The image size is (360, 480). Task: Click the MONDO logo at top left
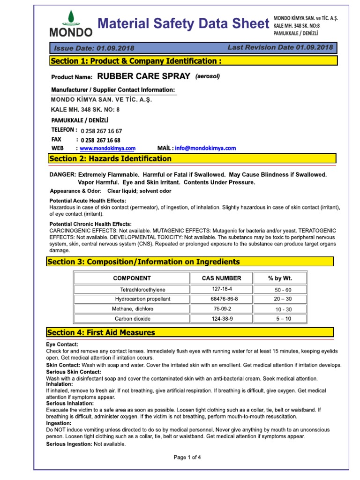pyautogui.click(x=71, y=24)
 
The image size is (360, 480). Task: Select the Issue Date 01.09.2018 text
pyautogui.click(x=94, y=48)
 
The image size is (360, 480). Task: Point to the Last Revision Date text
pyautogui.click(x=280, y=47)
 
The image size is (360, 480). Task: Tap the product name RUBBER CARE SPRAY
pyautogui.click(x=143, y=76)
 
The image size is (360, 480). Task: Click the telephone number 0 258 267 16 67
pyautogui.click(x=101, y=131)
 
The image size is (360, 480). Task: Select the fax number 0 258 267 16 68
pyautogui.click(x=100, y=140)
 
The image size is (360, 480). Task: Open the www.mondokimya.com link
pyautogui.click(x=107, y=148)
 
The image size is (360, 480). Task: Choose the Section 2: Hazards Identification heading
pyautogui.click(x=111, y=159)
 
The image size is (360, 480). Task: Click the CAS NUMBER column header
pyautogui.click(x=222, y=278)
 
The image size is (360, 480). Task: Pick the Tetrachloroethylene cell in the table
pyautogui.click(x=142, y=290)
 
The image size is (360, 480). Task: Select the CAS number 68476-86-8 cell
pyautogui.click(x=222, y=299)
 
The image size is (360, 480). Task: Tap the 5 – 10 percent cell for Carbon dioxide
pyautogui.click(x=280, y=319)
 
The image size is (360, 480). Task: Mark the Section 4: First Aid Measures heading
pyautogui.click(x=101, y=332)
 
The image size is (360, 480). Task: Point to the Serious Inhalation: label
pyautogui.click(x=70, y=403)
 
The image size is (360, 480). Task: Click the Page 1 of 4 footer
pyautogui.click(x=187, y=457)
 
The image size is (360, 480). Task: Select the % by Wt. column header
pyautogui.click(x=280, y=278)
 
